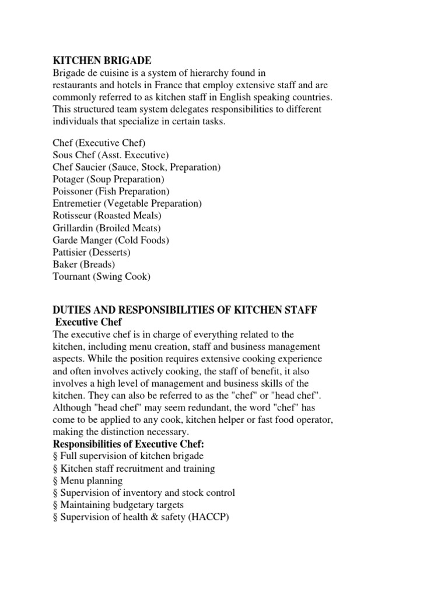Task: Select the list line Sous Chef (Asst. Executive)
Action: click(110, 155)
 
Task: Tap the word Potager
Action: click(69, 179)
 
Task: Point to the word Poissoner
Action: click(73, 192)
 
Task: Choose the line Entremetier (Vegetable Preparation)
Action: click(127, 204)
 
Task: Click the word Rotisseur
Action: click(72, 216)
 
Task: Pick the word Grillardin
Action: click(73, 228)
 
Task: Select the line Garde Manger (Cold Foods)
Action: click(111, 240)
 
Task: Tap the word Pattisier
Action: click(70, 252)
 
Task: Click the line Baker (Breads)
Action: click(84, 265)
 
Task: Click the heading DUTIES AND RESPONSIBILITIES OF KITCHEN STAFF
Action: click(185, 310)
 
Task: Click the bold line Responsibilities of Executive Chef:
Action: click(128, 444)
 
